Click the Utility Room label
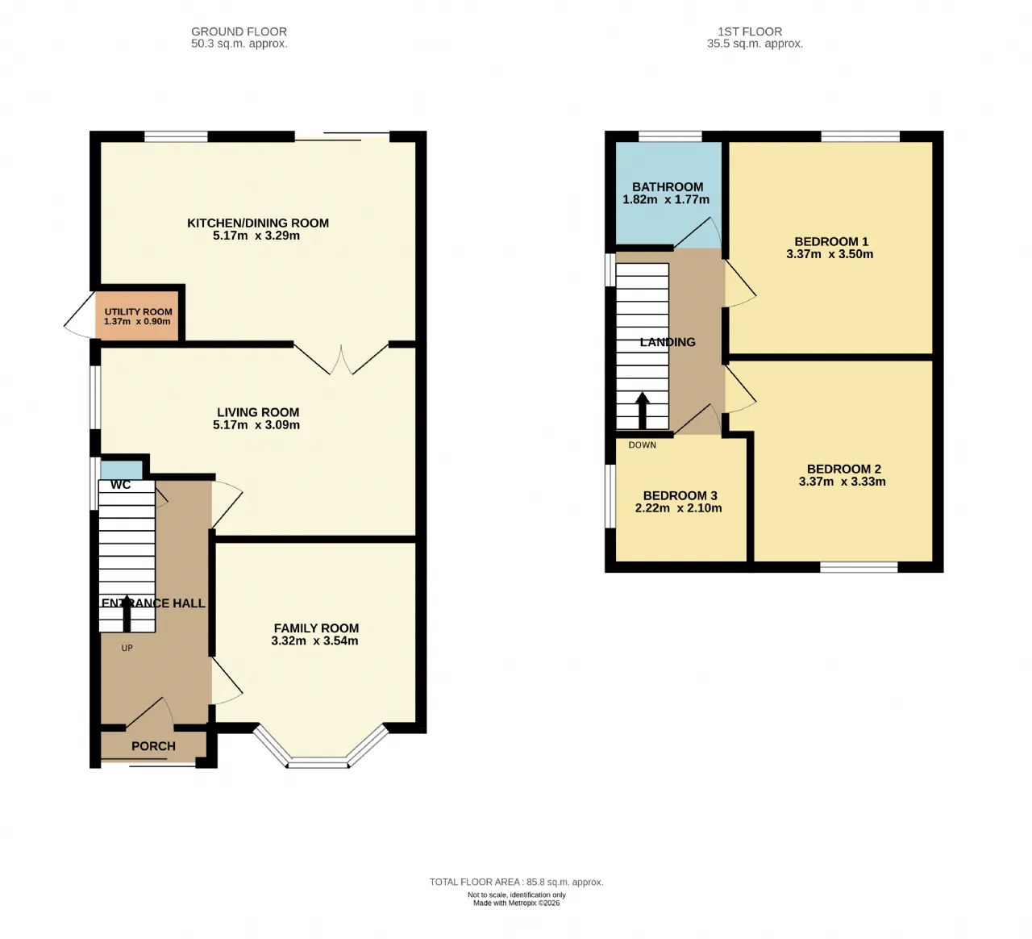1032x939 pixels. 138,311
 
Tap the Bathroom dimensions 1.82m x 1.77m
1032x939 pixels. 666,199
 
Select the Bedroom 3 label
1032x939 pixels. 680,495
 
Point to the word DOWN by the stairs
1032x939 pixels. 642,444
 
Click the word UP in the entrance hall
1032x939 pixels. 127,648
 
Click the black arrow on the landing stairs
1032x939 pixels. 642,411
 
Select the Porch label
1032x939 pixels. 153,745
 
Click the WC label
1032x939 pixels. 120,485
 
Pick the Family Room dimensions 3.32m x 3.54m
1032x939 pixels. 314,641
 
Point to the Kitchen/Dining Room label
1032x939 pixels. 258,223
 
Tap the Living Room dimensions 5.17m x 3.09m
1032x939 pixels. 256,424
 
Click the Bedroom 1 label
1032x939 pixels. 831,241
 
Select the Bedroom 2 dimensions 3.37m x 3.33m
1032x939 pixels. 843,482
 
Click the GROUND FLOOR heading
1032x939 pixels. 239,31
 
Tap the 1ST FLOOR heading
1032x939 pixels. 750,31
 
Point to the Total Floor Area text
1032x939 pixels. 517,882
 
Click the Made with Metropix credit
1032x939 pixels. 517,903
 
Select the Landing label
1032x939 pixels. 668,342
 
